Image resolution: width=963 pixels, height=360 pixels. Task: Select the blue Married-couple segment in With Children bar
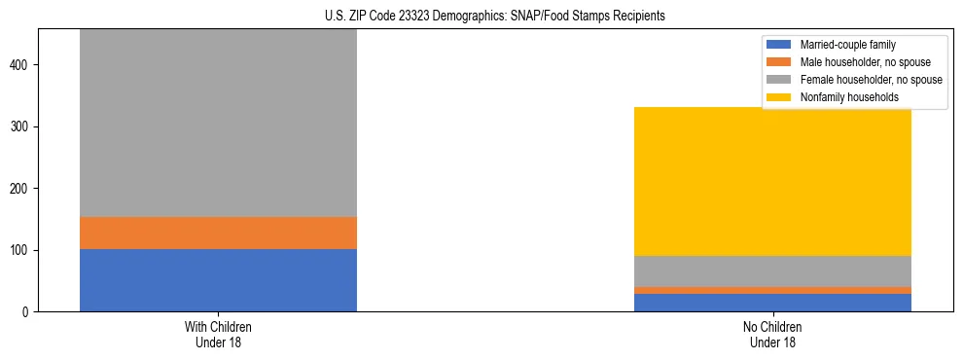[x=218, y=280]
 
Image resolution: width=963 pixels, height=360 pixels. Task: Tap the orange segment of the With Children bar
[x=218, y=233]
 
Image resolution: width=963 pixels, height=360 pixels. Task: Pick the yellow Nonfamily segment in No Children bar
[x=772, y=181]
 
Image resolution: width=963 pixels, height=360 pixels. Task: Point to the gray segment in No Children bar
[x=772, y=270]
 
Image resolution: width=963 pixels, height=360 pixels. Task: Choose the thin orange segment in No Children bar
[x=772, y=290]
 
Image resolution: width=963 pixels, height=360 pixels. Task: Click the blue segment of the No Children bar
[x=772, y=303]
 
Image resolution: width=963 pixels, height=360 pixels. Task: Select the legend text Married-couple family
[x=847, y=45]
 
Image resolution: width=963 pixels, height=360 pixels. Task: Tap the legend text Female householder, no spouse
[x=870, y=80]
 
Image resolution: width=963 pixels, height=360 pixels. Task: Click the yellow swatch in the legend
[x=779, y=97]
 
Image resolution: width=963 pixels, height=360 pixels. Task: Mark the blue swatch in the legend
[x=779, y=45]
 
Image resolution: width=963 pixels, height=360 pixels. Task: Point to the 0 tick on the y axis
[x=28, y=312]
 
